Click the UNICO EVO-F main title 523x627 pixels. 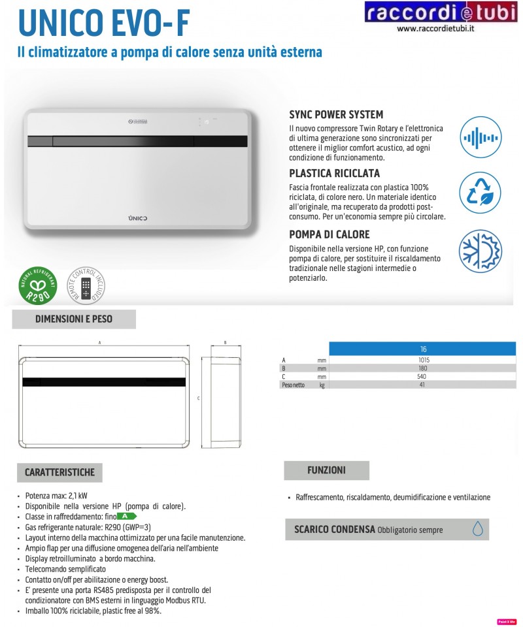pos(105,23)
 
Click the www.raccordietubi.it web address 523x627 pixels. pos(435,29)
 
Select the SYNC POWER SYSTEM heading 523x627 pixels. pos(336,114)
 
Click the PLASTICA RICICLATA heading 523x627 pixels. pos(334,174)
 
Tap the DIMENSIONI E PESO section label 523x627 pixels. pos(74,319)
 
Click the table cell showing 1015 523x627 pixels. pos(423,360)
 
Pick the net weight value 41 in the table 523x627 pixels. pos(423,385)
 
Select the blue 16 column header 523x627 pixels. pos(423,349)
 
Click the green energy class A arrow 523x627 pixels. pos(127,516)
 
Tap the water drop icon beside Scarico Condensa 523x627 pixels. pos(478,529)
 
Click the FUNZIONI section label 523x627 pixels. pos(326,470)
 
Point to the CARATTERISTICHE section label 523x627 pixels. pos(59,472)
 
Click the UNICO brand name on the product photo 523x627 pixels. pos(137,216)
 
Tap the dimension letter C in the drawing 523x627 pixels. pos(198,398)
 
